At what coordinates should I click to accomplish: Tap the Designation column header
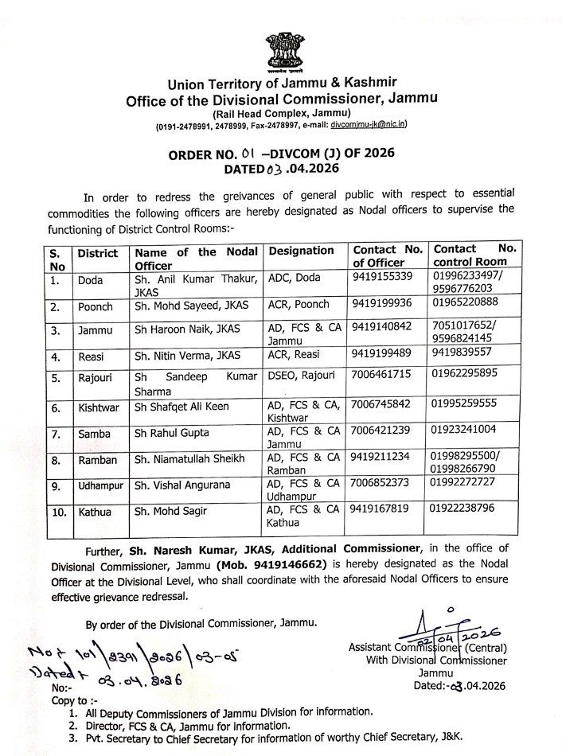[x=301, y=251]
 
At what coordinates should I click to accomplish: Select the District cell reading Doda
[x=91, y=280]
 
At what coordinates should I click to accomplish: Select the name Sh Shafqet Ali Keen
[x=181, y=407]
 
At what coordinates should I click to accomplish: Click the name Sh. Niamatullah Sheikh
[x=189, y=459]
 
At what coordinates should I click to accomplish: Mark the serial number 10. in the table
[x=57, y=508]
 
